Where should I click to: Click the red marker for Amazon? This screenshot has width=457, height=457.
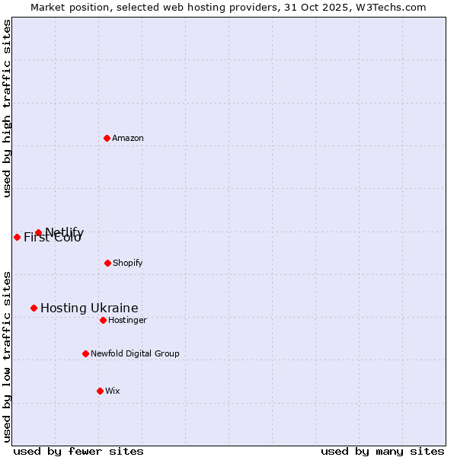coord(107,138)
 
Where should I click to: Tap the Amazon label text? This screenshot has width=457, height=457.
coord(128,139)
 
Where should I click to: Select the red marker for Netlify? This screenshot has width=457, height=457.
coord(38,232)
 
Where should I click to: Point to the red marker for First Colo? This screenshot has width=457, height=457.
coord(17,237)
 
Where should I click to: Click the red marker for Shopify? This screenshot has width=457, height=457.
coord(107,263)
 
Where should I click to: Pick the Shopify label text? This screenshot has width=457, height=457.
coord(127,264)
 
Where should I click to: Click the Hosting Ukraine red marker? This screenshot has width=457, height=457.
coord(34,308)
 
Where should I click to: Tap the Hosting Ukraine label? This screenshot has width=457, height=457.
coord(89,308)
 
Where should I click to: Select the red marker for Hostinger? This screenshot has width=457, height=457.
coord(103,320)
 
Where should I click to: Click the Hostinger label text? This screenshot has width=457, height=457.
coord(127,321)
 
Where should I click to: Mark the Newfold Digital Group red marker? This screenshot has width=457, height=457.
coord(85,353)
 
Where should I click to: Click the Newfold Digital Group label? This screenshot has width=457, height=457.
coord(135,354)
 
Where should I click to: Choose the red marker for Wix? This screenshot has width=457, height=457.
coord(100,391)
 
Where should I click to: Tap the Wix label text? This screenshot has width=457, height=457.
coord(113,391)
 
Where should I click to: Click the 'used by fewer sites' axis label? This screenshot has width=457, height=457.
coord(78,451)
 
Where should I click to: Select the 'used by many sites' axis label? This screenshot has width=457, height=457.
coord(382,451)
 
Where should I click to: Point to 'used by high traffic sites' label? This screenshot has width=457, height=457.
coord(7,108)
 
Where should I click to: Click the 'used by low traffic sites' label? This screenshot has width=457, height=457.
coord(7,356)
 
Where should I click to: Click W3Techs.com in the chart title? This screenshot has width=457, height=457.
coord(393,7)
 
